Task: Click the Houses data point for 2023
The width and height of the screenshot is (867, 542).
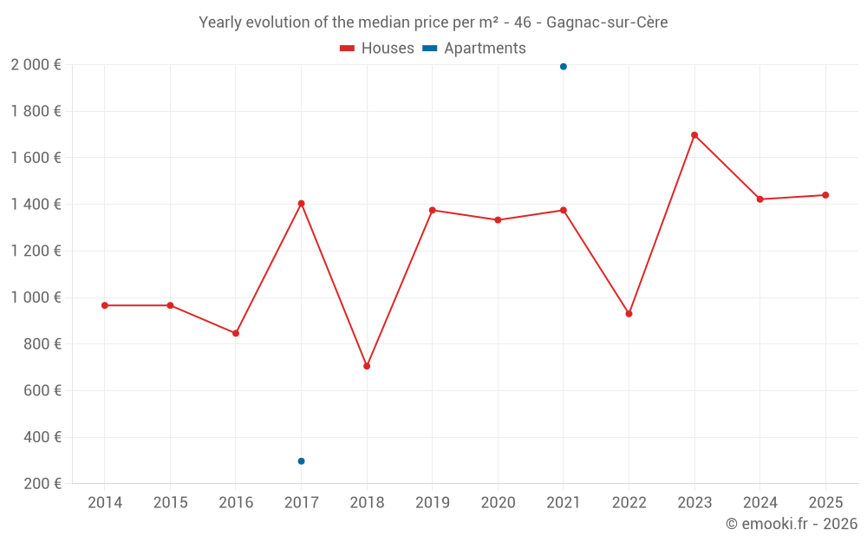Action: click(x=694, y=135)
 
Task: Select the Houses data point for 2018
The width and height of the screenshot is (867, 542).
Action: click(x=367, y=366)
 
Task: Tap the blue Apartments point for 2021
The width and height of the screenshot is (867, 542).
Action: click(x=564, y=67)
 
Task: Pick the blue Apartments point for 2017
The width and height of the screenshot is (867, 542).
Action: click(x=301, y=461)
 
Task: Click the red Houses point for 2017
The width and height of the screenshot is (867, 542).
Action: click(x=301, y=204)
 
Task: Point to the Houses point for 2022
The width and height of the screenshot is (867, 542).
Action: click(x=629, y=314)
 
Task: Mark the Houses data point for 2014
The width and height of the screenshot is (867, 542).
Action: click(x=105, y=305)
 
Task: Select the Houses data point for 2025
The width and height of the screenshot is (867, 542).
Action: click(x=825, y=195)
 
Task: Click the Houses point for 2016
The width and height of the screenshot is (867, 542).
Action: click(x=236, y=333)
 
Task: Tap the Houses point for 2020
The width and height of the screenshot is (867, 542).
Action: click(x=498, y=220)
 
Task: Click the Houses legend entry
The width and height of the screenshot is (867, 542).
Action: click(x=377, y=49)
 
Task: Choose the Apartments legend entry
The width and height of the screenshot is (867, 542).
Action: click(x=474, y=49)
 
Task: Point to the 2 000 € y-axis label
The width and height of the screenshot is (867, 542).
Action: click(x=36, y=64)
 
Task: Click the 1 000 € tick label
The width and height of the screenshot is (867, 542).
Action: click(x=36, y=297)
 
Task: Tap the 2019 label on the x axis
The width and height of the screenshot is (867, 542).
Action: click(x=432, y=503)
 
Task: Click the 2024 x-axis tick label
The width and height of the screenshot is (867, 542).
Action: click(x=759, y=503)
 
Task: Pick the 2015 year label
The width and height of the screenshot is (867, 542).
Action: click(x=170, y=503)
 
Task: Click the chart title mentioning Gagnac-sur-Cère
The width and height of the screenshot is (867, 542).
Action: click(x=433, y=23)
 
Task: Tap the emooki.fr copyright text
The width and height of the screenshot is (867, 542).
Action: click(x=792, y=524)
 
